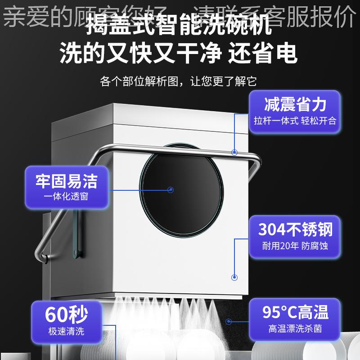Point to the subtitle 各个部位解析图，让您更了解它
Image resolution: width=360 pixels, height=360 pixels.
click(179, 81)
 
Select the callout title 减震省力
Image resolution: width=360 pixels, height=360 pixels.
click(295, 105)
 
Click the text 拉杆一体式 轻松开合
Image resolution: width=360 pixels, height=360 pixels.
click(295, 121)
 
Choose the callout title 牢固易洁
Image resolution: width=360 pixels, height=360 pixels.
click(66, 181)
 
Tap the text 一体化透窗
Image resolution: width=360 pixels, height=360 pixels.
click(66, 197)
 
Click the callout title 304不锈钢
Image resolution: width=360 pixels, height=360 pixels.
click(295, 229)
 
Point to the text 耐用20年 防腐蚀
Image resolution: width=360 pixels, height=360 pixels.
click(295, 246)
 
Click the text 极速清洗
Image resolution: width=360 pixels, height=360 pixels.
click(66, 332)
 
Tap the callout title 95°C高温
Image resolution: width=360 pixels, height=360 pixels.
click(295, 311)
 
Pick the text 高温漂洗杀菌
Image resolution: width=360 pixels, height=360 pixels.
click(295, 328)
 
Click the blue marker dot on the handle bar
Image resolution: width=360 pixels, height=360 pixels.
click(234, 152)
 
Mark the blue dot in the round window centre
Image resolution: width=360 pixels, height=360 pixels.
click(171, 189)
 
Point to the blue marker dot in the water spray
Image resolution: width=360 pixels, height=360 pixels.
click(229, 321)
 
